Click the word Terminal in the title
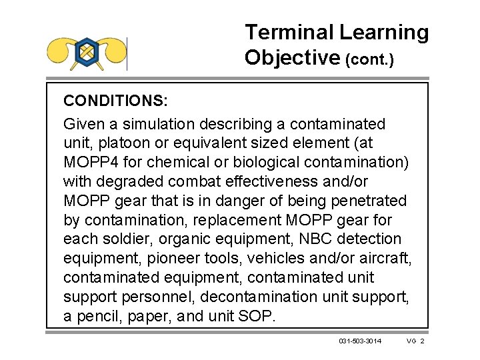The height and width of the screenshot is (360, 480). [x=289, y=32]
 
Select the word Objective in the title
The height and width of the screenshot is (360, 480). [x=292, y=58]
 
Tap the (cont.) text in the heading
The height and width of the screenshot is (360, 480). [x=369, y=60]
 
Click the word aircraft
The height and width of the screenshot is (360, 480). [x=387, y=258]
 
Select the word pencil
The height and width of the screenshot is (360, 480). [x=97, y=316]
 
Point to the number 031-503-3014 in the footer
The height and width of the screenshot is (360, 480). [x=360, y=341]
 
